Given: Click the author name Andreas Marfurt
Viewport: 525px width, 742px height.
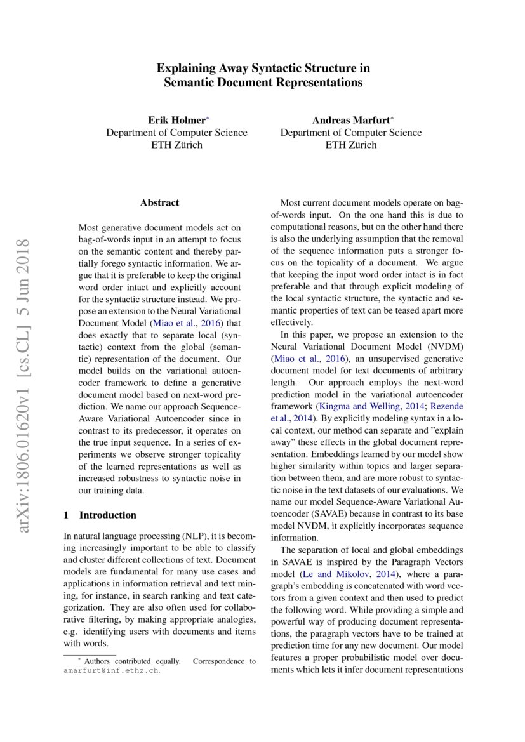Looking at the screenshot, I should click(349, 120).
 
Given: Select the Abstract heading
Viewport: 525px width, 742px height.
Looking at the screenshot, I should click(159, 203).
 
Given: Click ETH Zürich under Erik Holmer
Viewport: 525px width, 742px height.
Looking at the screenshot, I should click(176, 145).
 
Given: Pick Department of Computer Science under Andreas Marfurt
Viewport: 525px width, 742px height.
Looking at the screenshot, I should click(350, 133).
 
